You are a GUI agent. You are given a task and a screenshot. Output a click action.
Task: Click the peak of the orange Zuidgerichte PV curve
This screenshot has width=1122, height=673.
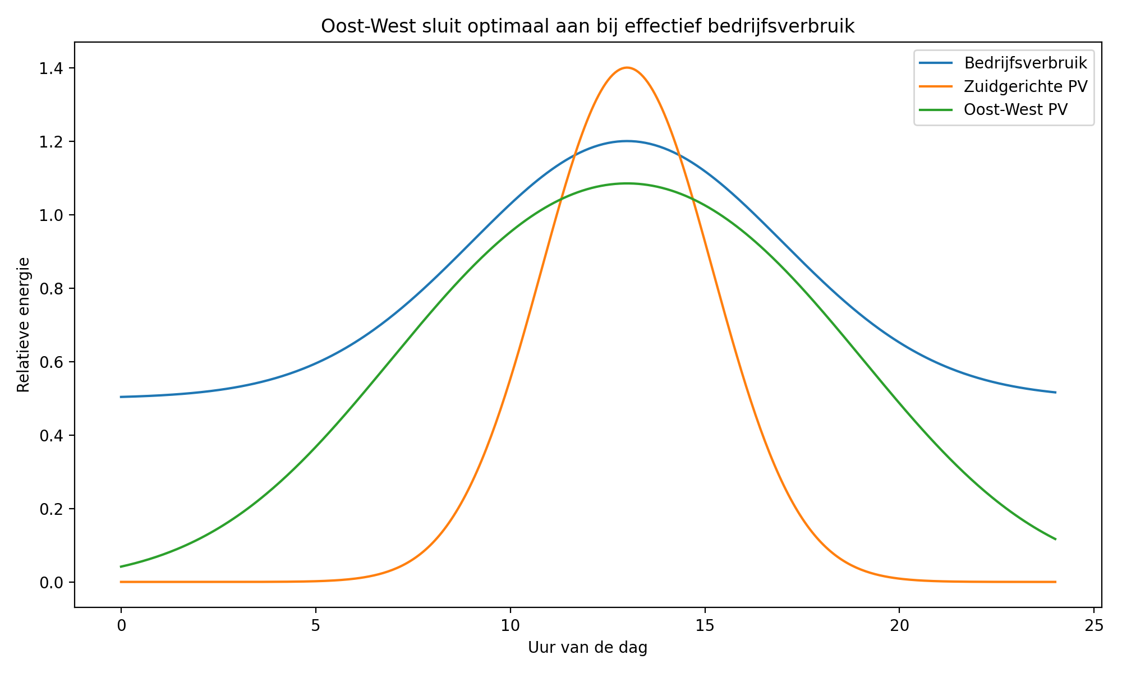627,68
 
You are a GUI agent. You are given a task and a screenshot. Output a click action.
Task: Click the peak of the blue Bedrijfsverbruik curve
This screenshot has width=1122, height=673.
627,141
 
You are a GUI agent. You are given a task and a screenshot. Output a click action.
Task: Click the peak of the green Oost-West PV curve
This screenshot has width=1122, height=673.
627,183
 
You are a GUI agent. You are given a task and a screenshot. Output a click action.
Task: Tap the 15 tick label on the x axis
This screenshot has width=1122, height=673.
705,625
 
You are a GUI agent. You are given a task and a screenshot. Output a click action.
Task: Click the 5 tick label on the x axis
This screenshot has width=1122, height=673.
315,625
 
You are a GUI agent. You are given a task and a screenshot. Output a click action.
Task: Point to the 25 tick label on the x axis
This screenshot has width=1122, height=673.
1094,625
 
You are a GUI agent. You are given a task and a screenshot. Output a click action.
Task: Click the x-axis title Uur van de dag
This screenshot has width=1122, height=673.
587,648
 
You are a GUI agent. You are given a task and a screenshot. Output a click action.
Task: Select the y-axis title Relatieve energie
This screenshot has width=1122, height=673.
23,325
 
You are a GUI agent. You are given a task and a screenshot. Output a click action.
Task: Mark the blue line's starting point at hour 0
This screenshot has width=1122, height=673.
121,397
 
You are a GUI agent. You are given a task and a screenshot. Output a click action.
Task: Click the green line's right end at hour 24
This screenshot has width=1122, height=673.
1055,539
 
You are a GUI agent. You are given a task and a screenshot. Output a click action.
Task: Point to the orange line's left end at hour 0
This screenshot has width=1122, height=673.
121,582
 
